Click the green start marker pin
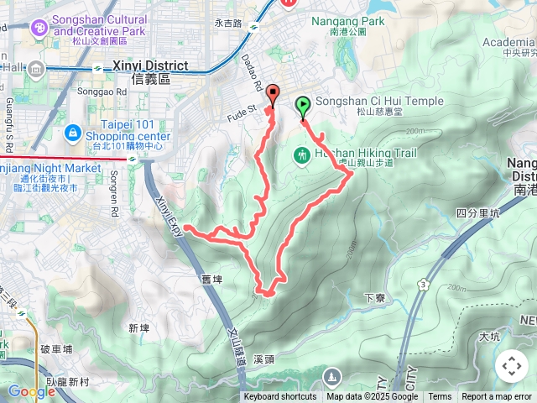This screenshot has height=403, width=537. point(302,107)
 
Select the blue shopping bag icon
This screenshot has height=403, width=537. point(73,132)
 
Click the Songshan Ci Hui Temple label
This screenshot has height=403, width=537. point(380,101)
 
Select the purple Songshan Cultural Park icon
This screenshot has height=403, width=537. point(39,29)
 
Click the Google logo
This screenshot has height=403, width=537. point(32,391)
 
